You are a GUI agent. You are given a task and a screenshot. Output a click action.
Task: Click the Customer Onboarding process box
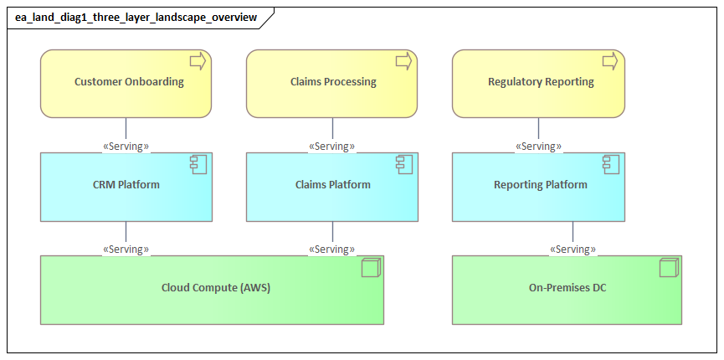pyautogui.click(x=126, y=83)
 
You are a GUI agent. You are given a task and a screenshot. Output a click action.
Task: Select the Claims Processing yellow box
pyautogui.click(x=332, y=83)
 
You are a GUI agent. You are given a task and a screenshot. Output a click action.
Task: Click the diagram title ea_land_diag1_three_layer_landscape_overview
pyautogui.click(x=136, y=18)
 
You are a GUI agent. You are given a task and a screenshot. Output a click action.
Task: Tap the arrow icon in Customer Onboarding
pyautogui.click(x=198, y=60)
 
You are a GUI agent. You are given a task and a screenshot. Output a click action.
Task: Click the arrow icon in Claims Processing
pyautogui.click(x=403, y=60)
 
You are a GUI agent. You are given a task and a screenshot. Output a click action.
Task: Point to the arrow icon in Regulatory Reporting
pyautogui.click(x=609, y=60)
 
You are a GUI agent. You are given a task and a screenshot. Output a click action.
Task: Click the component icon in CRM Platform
pyautogui.click(x=198, y=164)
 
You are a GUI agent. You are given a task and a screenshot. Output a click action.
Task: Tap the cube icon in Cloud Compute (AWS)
pyautogui.click(x=369, y=268)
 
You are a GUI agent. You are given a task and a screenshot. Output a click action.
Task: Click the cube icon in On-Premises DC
pyautogui.click(x=667, y=268)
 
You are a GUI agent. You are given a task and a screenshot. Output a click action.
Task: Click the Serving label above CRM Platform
pyautogui.click(x=126, y=147)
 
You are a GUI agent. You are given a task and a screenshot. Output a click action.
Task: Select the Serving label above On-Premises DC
pyautogui.click(x=573, y=249)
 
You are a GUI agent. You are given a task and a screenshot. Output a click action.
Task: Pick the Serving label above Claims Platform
pyautogui.click(x=332, y=147)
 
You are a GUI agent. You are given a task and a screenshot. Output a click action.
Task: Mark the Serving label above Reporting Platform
pyautogui.click(x=538, y=147)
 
